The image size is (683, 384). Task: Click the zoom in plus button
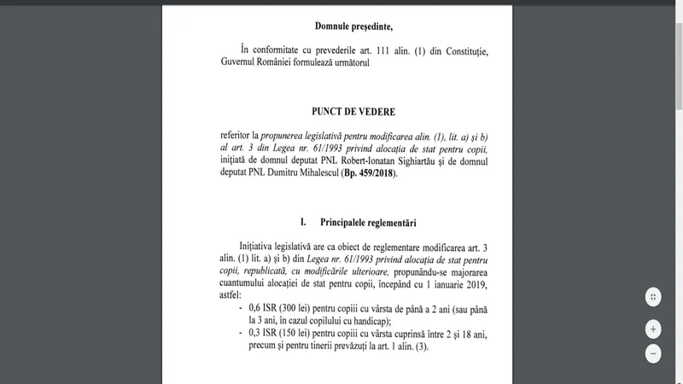653,329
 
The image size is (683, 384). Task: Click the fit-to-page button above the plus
653,297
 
